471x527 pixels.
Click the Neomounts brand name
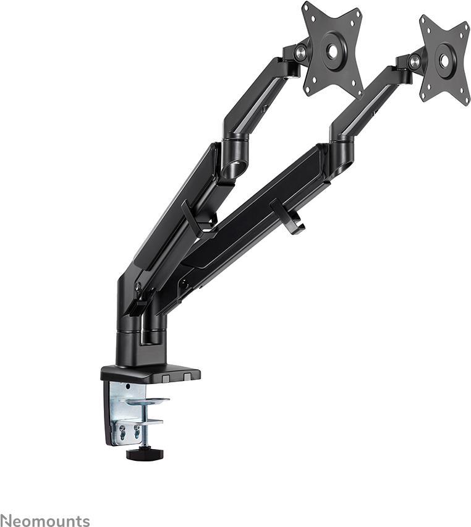coord(45,521)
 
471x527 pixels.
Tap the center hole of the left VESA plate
coord(333,51)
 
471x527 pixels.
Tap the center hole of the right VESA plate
coord(444,61)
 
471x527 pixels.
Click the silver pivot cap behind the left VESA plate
coord(302,53)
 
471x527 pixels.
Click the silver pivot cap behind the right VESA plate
coord(415,62)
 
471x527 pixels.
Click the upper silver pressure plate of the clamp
coord(147,401)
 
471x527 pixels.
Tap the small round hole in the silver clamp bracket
coord(127,387)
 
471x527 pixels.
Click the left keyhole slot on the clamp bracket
coord(122,432)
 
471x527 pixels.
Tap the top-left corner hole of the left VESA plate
coord(309,12)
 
